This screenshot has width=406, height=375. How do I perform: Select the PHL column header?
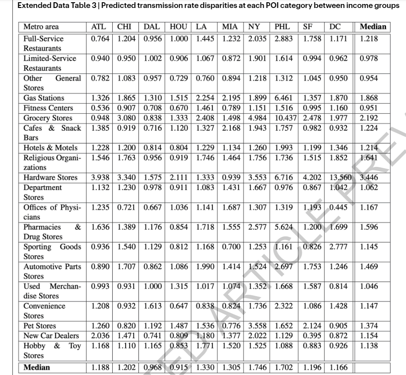(x=282, y=27)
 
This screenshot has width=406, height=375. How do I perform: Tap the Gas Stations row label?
(x=43, y=98)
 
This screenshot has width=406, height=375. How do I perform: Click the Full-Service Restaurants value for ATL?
(x=101, y=39)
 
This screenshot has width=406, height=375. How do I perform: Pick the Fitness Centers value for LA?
(x=206, y=108)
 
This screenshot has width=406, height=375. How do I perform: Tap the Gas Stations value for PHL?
(x=282, y=98)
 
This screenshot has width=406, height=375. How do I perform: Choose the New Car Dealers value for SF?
(x=313, y=336)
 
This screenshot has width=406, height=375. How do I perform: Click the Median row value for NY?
(x=257, y=367)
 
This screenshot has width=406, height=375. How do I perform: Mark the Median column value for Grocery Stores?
(x=369, y=118)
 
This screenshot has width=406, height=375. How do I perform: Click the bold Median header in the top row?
(x=373, y=27)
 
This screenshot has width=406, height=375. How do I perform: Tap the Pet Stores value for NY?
(x=257, y=326)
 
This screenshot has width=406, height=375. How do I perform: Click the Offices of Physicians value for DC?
(x=339, y=207)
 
